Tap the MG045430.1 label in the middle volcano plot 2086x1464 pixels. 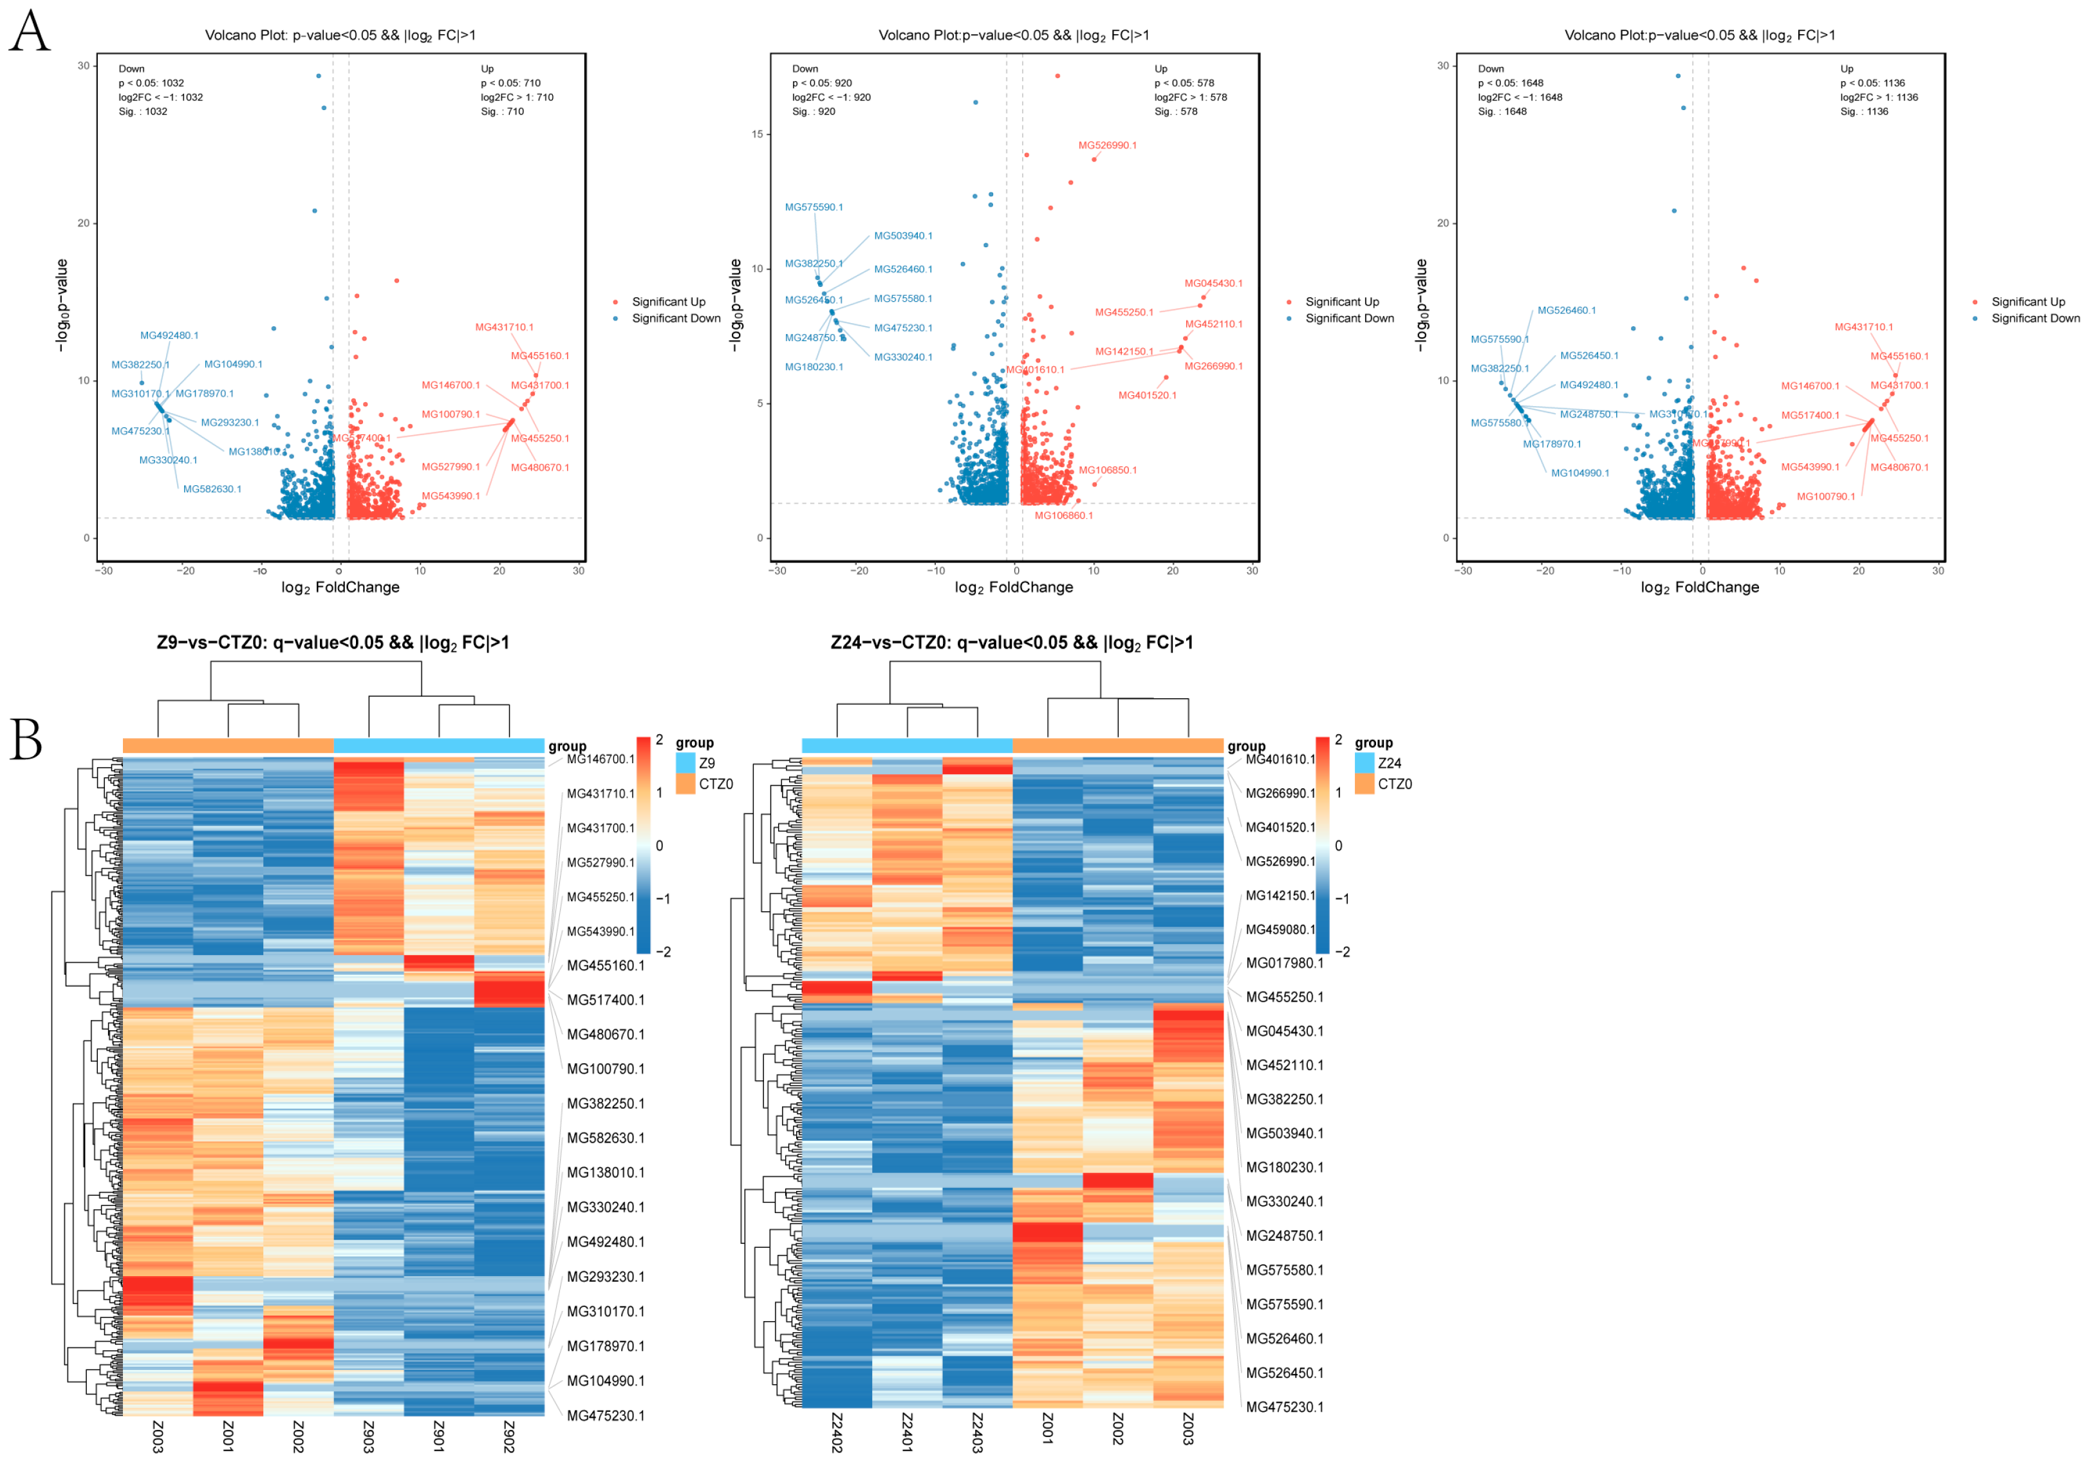[x=1213, y=283]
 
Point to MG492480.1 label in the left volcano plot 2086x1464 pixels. [x=169, y=335]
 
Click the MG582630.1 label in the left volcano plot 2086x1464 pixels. [x=212, y=488]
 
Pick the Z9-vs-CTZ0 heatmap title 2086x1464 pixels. [x=333, y=643]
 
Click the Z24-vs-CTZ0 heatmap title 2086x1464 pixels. [x=1011, y=643]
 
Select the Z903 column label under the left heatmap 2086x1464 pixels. [x=368, y=1436]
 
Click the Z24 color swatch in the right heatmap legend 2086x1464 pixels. [x=1364, y=763]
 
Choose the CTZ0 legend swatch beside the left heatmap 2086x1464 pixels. [x=685, y=784]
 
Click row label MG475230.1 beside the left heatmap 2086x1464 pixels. [x=605, y=1415]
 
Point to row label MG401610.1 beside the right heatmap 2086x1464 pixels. [x=1280, y=759]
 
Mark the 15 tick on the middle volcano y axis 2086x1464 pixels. [x=757, y=134]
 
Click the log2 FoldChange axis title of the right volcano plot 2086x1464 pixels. [x=1699, y=588]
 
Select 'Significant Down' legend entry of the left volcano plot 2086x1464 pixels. [x=675, y=318]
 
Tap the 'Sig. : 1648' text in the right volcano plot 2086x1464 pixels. [x=1502, y=112]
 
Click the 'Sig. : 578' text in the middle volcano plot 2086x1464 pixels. [x=1176, y=112]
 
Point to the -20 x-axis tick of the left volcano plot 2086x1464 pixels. [x=185, y=570]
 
